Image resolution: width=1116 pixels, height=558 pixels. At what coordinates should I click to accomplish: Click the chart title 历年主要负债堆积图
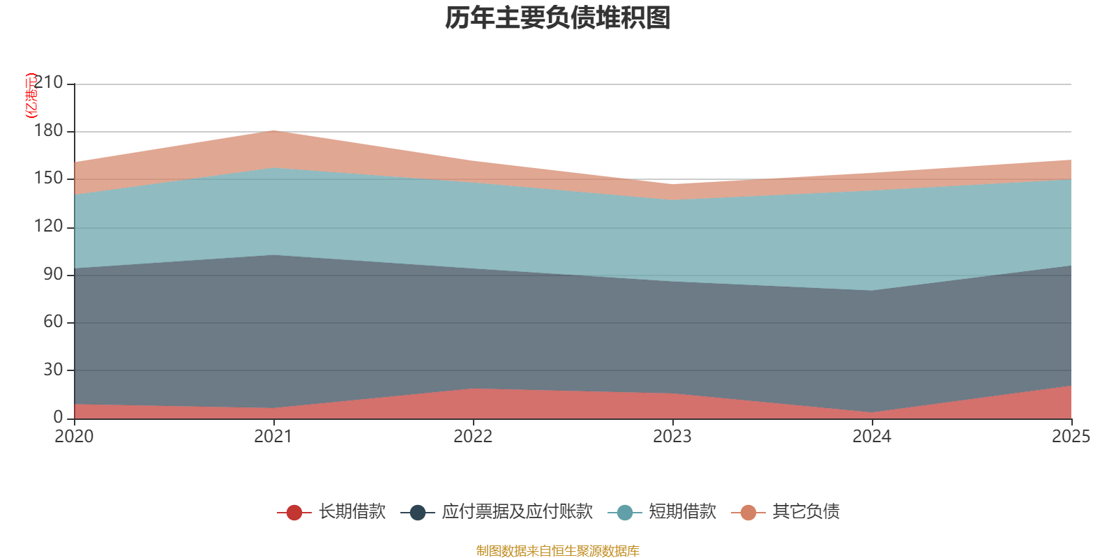[x=557, y=18]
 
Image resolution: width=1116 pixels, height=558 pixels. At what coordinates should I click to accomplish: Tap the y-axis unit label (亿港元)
[x=31, y=95]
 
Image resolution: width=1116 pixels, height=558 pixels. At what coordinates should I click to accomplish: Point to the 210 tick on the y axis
[x=48, y=82]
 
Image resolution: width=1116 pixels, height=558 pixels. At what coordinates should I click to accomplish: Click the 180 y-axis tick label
[x=48, y=130]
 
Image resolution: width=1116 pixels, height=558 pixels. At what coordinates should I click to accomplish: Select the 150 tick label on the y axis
[x=48, y=179]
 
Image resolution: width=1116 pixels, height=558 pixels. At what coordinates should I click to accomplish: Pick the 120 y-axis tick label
[x=48, y=226]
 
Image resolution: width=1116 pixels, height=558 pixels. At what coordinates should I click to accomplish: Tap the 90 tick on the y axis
[x=53, y=274]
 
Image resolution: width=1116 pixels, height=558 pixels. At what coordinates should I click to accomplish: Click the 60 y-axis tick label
[x=53, y=322]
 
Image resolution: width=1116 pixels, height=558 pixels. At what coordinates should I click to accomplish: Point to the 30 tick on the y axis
[x=53, y=370]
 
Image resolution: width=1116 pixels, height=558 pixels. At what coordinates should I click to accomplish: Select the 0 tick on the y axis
[x=59, y=418]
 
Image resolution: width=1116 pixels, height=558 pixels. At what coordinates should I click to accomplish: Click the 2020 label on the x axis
[x=74, y=437]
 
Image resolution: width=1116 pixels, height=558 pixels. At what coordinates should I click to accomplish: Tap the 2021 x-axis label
[x=273, y=437]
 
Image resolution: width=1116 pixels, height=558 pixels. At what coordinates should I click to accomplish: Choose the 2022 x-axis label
[x=473, y=437]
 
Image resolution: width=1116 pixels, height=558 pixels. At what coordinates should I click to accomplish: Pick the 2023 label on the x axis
[x=672, y=437]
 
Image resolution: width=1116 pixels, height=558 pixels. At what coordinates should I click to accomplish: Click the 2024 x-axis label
[x=872, y=437]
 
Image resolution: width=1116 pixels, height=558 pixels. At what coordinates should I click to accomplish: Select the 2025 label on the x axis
[x=1071, y=437]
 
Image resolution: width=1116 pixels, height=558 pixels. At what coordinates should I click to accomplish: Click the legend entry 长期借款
[x=331, y=512]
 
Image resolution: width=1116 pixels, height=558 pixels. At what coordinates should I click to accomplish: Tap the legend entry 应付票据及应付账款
[x=497, y=512]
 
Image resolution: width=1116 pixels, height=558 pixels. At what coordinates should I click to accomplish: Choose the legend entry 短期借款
[x=662, y=512]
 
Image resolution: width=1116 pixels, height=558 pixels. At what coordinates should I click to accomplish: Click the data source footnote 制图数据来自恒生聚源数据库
[x=557, y=550]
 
